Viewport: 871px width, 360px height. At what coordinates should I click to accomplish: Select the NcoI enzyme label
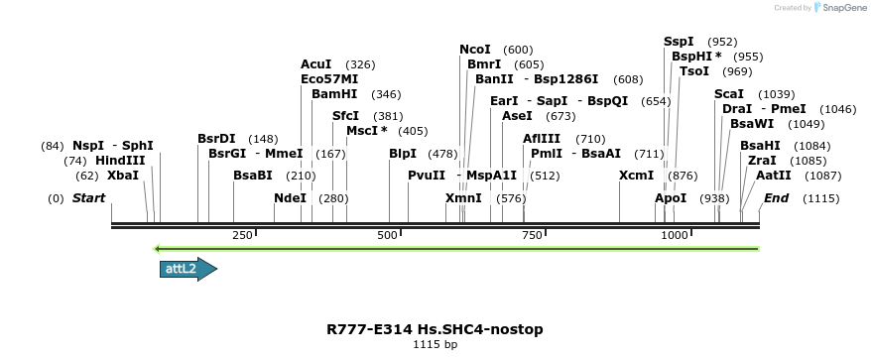click(x=475, y=50)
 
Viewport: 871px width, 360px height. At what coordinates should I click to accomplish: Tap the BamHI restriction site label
click(x=334, y=94)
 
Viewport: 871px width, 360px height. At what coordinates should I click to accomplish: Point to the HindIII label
click(x=120, y=160)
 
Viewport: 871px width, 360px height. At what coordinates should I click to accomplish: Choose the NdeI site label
click(x=291, y=198)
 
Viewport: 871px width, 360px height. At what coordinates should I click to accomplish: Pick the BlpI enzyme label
click(x=403, y=154)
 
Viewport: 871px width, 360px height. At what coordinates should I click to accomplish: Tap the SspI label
click(x=680, y=42)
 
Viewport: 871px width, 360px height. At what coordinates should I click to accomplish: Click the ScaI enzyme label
click(x=729, y=93)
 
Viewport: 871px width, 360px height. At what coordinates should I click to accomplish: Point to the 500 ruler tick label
click(x=387, y=235)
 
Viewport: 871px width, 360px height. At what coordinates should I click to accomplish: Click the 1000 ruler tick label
click(x=675, y=235)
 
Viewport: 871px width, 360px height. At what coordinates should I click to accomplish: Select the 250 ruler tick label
click(x=242, y=235)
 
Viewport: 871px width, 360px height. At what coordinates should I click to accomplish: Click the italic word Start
click(x=88, y=198)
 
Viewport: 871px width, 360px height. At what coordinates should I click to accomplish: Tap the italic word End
click(x=776, y=198)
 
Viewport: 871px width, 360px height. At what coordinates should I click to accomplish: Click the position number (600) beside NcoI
click(x=518, y=50)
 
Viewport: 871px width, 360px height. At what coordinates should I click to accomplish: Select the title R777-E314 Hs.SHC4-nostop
click(x=435, y=328)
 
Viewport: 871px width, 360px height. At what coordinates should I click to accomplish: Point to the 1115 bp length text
click(x=435, y=345)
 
